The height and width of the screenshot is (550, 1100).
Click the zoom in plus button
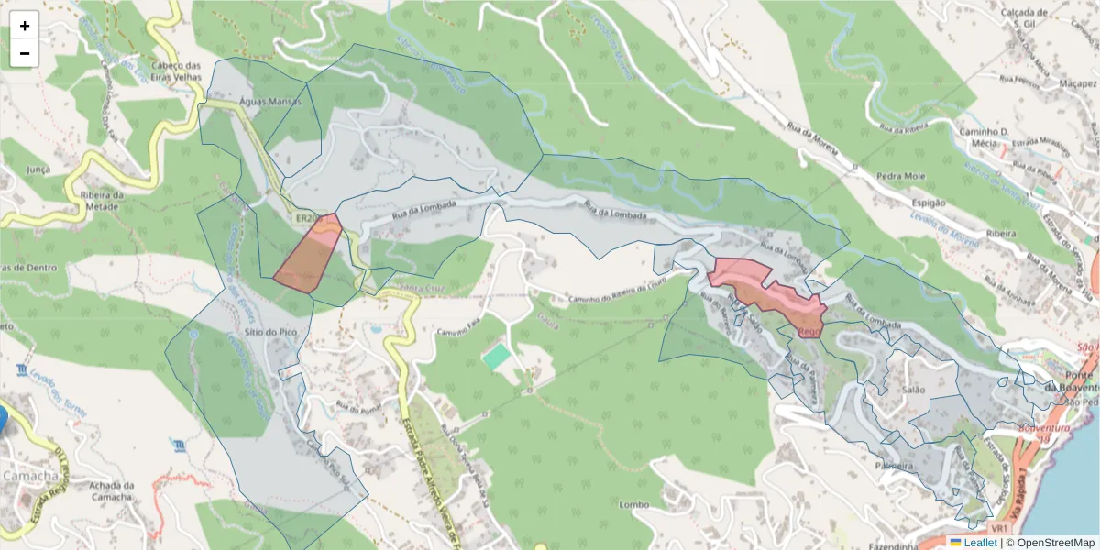pyautogui.click(x=25, y=26)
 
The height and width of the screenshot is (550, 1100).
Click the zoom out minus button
pyautogui.click(x=25, y=53)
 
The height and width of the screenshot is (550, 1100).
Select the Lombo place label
pyautogui.click(x=633, y=505)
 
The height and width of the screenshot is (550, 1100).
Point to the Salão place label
pyautogui.click(x=914, y=390)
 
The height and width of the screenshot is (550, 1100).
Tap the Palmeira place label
pyautogui.click(x=894, y=466)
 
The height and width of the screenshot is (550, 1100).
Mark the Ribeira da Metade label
pyautogui.click(x=102, y=201)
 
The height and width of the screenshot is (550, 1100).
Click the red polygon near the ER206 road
pyautogui.click(x=309, y=259)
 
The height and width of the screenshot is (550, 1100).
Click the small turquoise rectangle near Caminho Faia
pyautogui.click(x=498, y=357)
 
